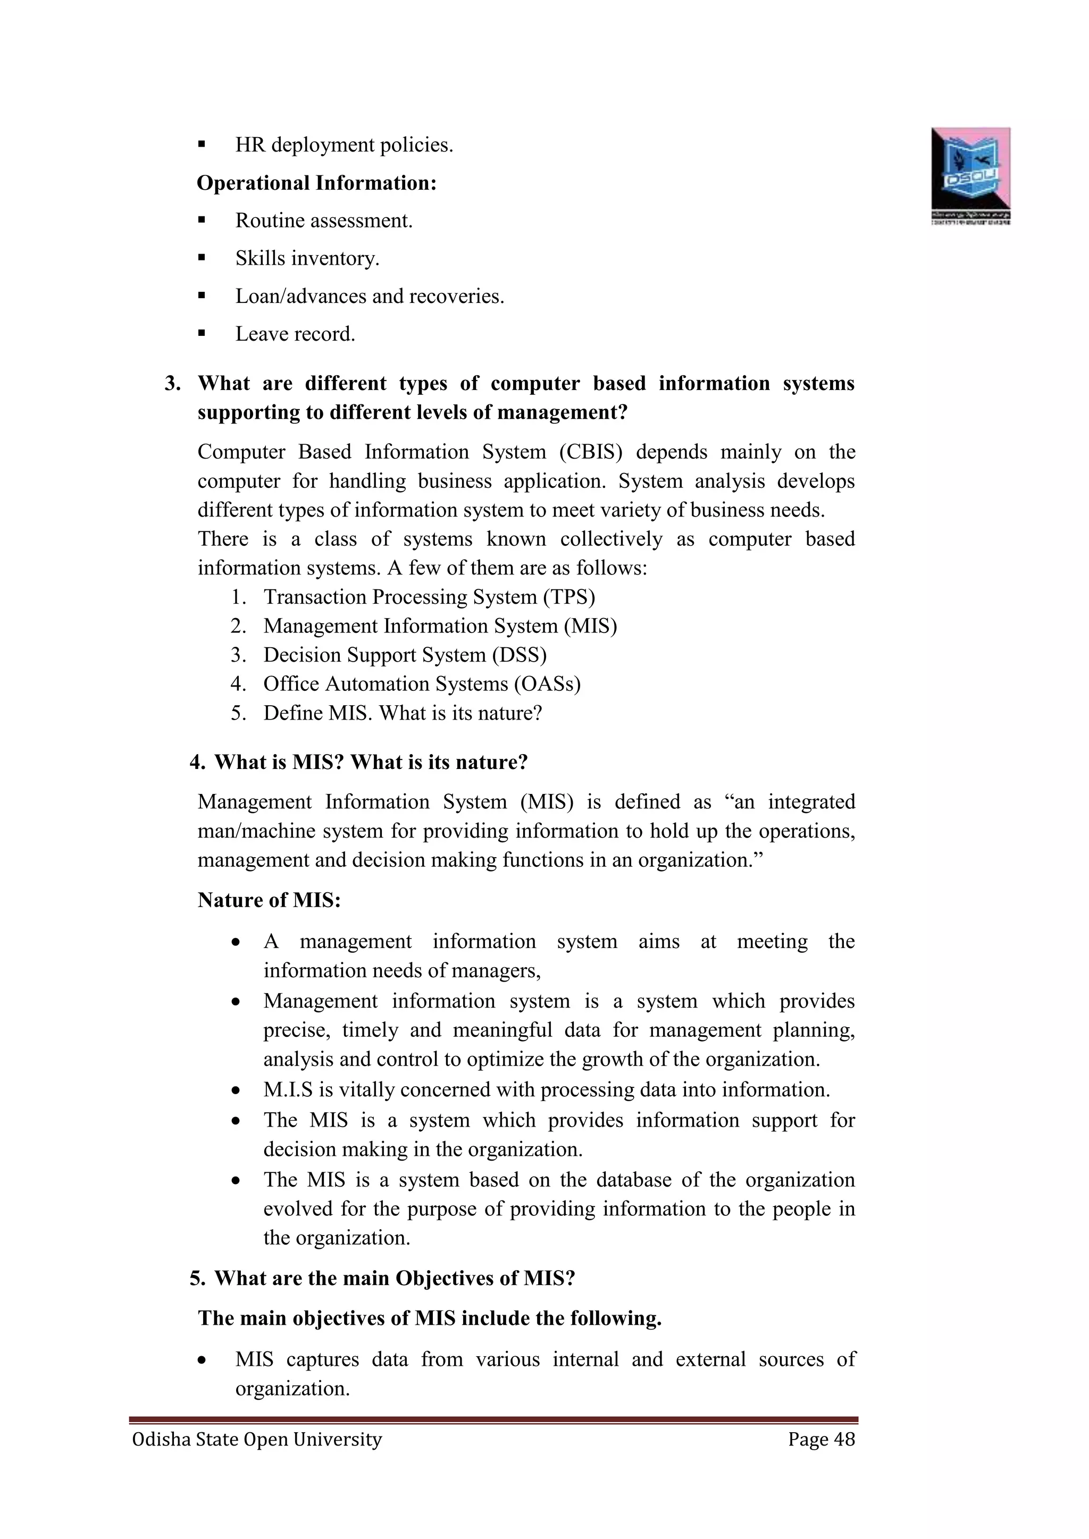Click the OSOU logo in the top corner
[970, 175]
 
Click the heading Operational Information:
[316, 183]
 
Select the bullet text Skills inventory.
[307, 258]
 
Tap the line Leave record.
[295, 334]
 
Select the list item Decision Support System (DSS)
[404, 655]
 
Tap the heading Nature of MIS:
[269, 900]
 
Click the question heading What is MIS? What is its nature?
[371, 762]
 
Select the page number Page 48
[822, 1440]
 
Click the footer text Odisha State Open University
[257, 1440]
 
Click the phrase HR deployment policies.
[344, 145]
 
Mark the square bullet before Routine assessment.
[201, 220]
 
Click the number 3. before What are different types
[172, 383]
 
